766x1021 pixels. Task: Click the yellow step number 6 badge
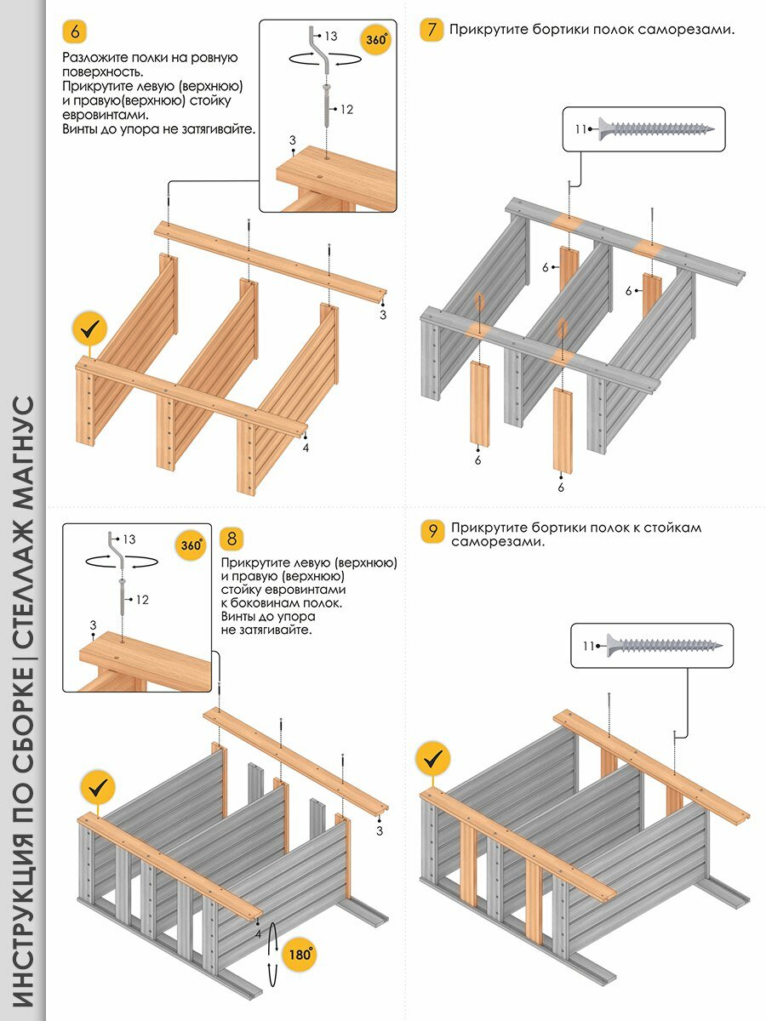(x=75, y=32)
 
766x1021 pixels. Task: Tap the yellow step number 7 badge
(x=432, y=31)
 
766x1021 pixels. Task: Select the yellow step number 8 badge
(x=232, y=539)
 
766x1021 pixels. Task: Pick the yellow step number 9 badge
(x=432, y=532)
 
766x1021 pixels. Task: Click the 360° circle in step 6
(x=376, y=39)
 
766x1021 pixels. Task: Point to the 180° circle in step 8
(x=300, y=954)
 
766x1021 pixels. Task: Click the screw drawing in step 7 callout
(x=655, y=128)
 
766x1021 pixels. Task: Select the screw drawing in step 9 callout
(x=664, y=645)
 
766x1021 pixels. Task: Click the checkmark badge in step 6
(x=89, y=328)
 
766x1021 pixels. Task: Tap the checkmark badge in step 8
(x=99, y=787)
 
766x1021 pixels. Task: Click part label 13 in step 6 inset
(x=330, y=36)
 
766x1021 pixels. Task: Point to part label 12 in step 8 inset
(x=142, y=600)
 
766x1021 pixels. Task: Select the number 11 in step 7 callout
(x=580, y=129)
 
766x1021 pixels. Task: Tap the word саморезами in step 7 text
(x=689, y=31)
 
